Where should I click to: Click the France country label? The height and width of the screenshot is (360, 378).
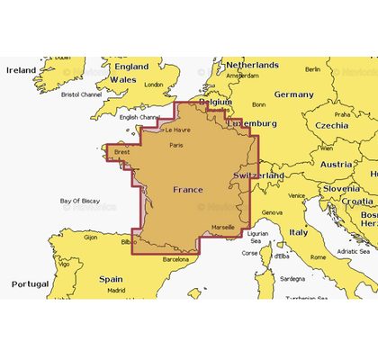click(x=187, y=190)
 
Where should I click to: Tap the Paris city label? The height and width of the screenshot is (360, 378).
click(x=176, y=144)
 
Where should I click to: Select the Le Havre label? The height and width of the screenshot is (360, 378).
click(x=175, y=130)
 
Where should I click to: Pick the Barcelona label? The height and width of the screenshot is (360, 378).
click(x=175, y=258)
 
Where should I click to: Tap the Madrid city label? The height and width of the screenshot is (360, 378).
click(x=115, y=291)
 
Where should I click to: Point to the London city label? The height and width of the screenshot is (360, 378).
click(x=154, y=85)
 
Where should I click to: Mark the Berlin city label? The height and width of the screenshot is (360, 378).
click(x=312, y=69)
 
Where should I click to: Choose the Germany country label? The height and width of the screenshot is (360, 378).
click(x=293, y=94)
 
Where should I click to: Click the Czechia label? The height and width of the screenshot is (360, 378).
click(x=329, y=125)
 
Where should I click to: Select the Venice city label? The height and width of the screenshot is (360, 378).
click(x=297, y=194)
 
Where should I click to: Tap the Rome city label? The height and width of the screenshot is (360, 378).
click(x=318, y=256)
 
